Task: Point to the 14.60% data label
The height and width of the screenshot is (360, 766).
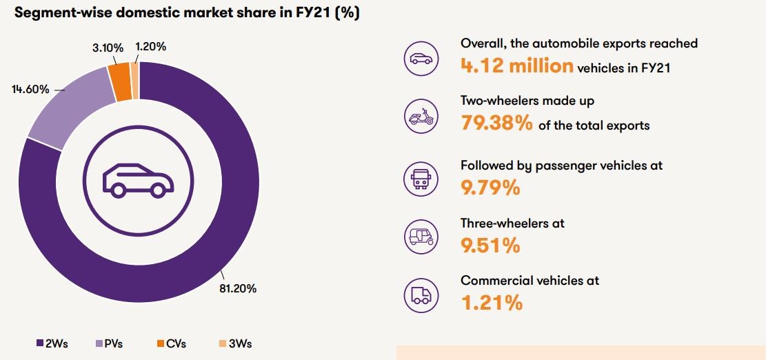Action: (30, 90)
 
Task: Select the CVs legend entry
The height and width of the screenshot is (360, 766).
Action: (171, 343)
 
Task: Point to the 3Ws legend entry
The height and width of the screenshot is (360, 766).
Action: (236, 343)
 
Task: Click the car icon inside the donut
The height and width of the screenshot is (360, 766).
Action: (139, 180)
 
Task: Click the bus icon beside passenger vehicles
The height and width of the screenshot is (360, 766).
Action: (420, 177)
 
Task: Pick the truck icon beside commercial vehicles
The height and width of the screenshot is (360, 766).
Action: (420, 295)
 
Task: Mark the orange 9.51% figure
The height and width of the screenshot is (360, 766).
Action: (490, 245)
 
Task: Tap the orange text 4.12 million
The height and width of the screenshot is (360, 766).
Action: (516, 66)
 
